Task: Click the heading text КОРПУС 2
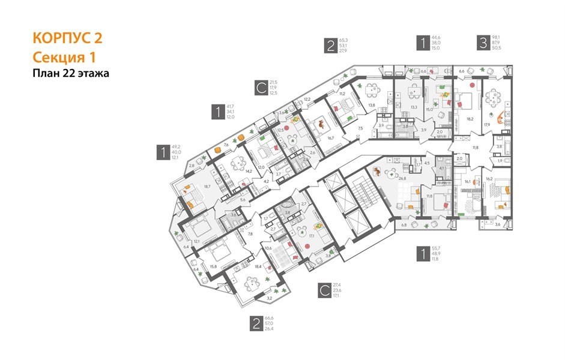(x=67, y=38)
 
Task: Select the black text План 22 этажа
(x=71, y=74)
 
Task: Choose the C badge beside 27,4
(x=324, y=291)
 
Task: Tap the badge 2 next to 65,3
(x=330, y=46)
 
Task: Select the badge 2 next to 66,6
(x=256, y=324)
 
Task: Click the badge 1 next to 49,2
(x=162, y=152)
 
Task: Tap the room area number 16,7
(x=330, y=137)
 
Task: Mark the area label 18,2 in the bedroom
(x=470, y=119)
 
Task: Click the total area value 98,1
(x=498, y=37)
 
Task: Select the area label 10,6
(x=268, y=248)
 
